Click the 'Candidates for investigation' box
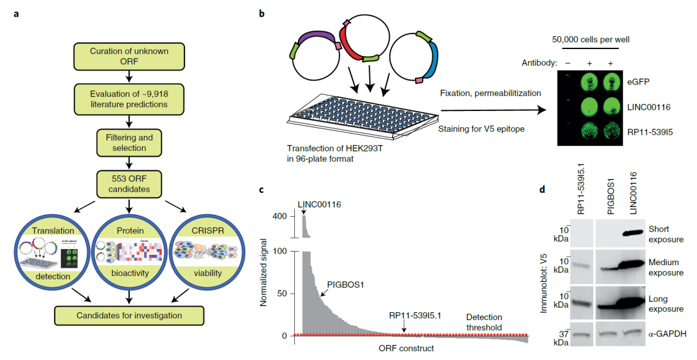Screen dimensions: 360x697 tap(129, 315)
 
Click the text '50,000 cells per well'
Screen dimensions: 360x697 tap(591, 39)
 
